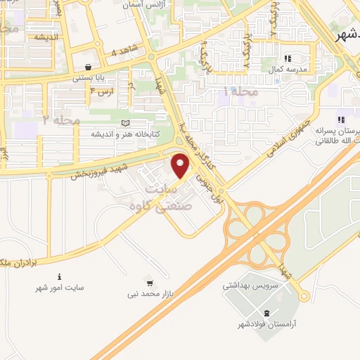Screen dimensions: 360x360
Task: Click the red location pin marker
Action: pyautogui.click(x=181, y=167)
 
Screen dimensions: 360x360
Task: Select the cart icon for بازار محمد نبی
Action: pyautogui.click(x=148, y=281)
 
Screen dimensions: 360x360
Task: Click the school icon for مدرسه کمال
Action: pyautogui.click(x=286, y=58)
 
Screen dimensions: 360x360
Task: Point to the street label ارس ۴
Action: pyautogui.click(x=103, y=91)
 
